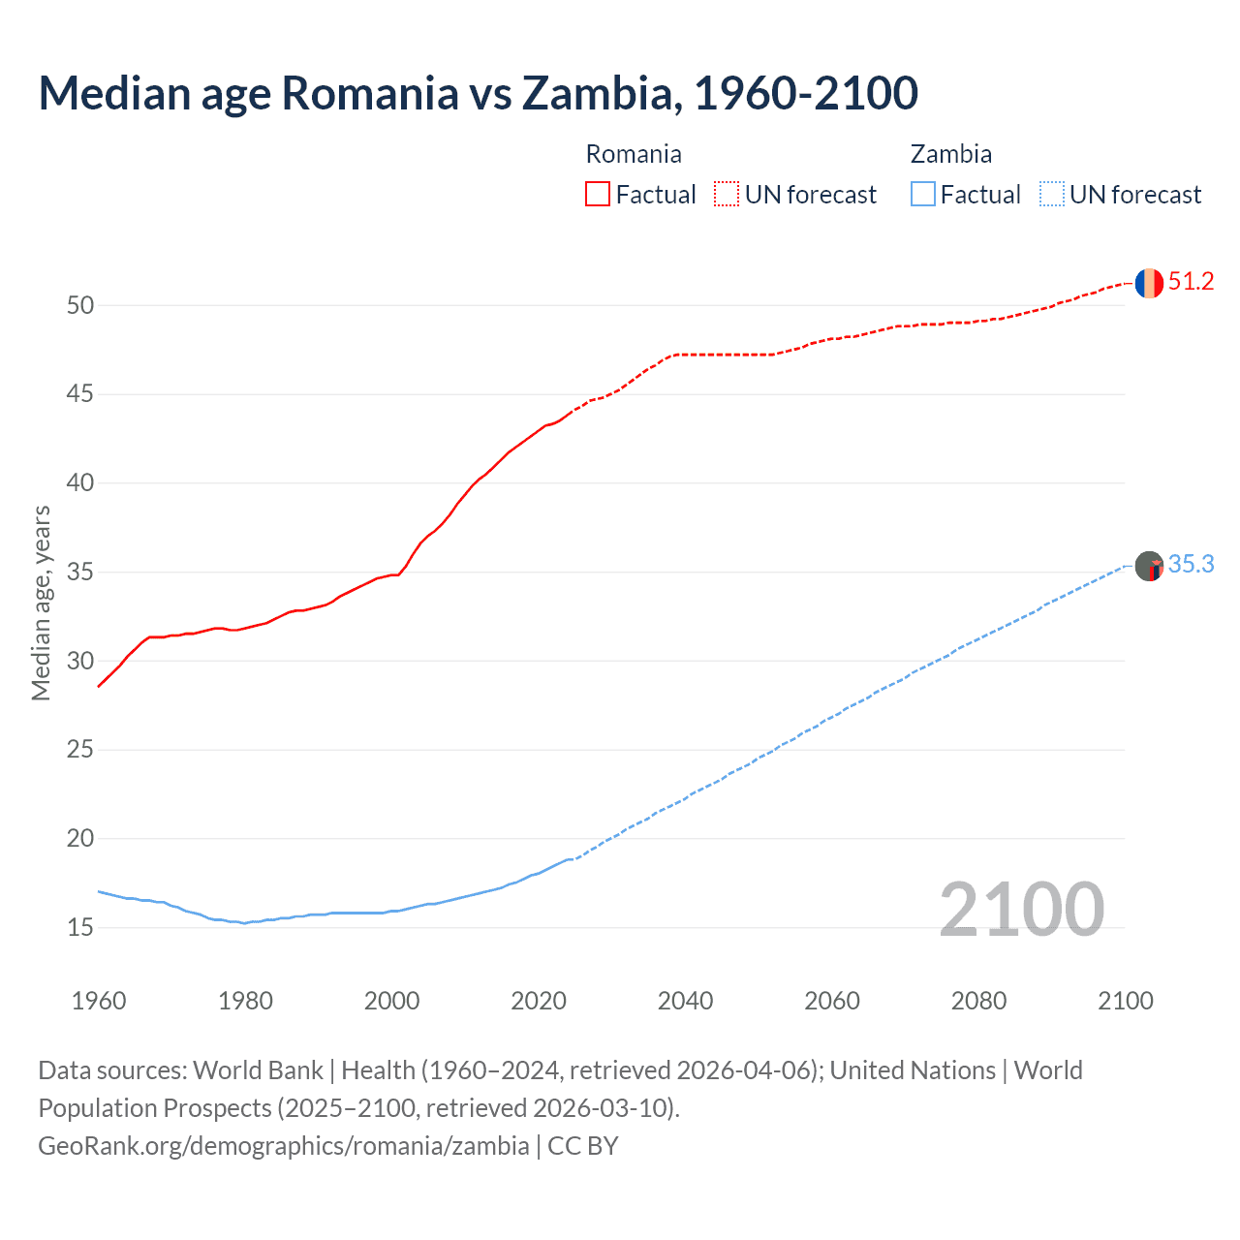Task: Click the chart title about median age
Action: click(x=478, y=93)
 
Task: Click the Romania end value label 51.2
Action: click(x=1191, y=282)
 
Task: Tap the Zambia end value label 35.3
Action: click(x=1191, y=565)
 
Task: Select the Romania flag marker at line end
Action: click(x=1149, y=283)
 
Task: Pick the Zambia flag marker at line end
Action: click(x=1149, y=566)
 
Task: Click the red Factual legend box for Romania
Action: click(x=598, y=195)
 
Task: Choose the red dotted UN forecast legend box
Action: click(x=727, y=195)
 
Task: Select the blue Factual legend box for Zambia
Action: click(x=922, y=195)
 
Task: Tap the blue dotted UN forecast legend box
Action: click(x=1051, y=195)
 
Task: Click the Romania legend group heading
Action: click(x=634, y=155)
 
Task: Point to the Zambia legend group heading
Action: click(x=950, y=155)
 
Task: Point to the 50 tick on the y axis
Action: click(x=80, y=306)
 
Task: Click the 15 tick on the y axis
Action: click(x=80, y=928)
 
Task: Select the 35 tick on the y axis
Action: click(x=80, y=573)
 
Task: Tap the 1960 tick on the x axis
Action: click(x=99, y=1001)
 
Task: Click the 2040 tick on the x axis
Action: click(x=685, y=1001)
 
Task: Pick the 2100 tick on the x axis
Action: click(x=1126, y=1001)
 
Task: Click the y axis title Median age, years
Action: click(x=41, y=603)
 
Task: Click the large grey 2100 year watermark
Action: click(x=1021, y=910)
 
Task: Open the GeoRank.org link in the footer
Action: click(x=284, y=1146)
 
